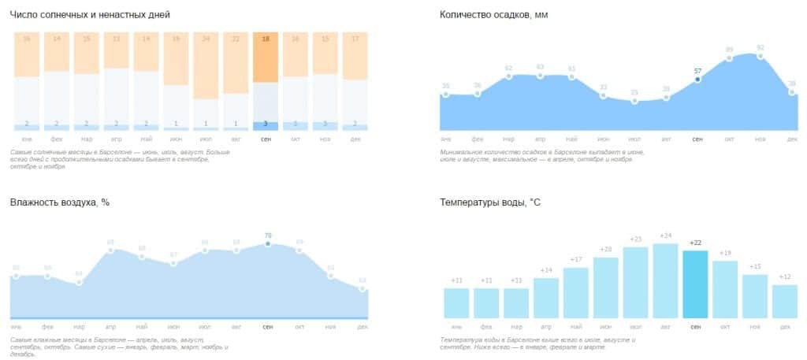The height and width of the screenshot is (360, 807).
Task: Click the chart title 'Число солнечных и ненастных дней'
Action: point(90,15)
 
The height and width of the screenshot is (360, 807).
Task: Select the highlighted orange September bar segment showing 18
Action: point(266,57)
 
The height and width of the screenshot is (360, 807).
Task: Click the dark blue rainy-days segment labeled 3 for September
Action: point(266,124)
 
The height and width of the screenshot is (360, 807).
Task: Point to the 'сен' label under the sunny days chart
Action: point(266,139)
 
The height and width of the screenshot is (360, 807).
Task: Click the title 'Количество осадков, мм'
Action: point(493,15)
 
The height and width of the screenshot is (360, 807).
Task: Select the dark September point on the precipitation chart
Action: point(697,80)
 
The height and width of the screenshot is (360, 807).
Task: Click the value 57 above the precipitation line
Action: point(697,71)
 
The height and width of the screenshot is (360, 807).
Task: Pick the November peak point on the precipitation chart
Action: point(761,56)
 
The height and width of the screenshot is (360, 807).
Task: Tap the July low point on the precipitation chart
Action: point(634,101)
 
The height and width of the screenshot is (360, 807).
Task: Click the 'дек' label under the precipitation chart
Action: point(792,139)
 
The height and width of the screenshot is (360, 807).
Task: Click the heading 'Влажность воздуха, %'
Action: point(60,202)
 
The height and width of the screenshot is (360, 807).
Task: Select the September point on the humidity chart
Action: point(268,243)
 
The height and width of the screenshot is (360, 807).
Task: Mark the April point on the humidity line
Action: point(110,250)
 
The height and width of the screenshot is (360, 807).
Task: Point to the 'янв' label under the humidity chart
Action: point(16,325)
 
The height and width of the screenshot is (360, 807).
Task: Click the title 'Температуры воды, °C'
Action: point(490,202)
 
